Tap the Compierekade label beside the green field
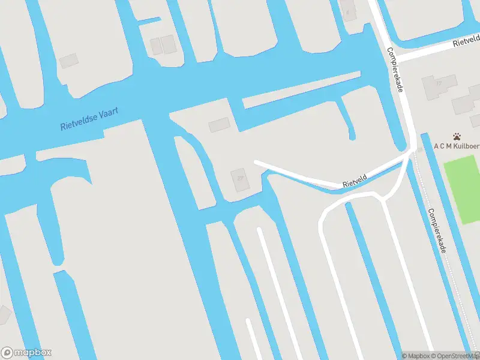click(437, 230)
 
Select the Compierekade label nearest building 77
click(397, 70)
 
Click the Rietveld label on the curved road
click(355, 179)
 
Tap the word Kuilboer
click(467, 145)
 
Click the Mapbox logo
click(26, 353)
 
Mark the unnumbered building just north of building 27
click(219, 125)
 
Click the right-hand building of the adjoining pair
click(168, 43)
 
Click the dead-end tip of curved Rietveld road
click(256, 162)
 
